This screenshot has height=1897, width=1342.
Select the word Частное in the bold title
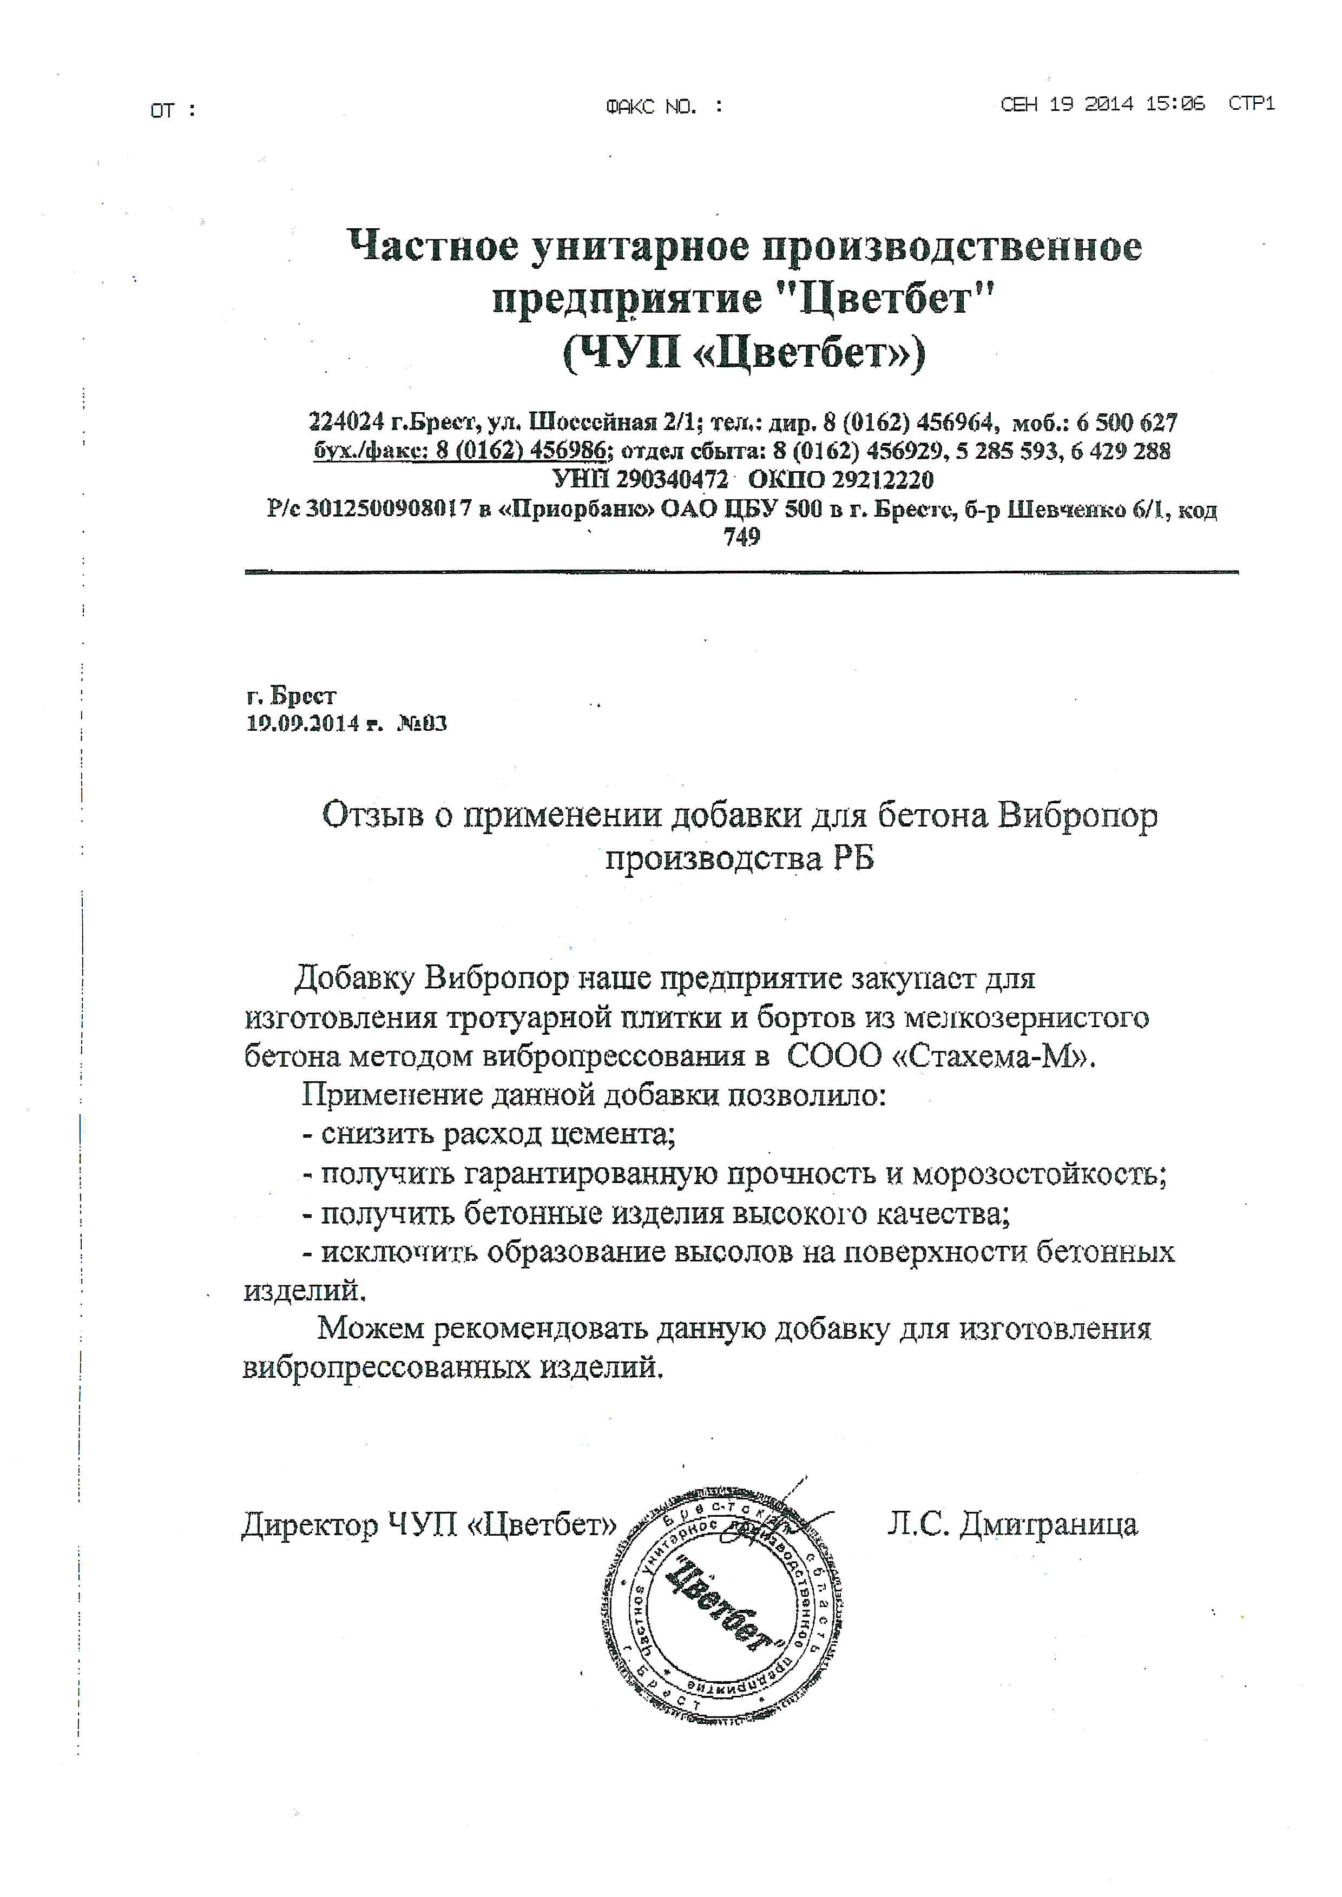coord(431,246)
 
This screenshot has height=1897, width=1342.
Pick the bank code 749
coord(741,537)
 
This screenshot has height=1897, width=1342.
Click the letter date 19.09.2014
coord(303,724)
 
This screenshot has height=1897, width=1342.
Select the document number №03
coord(422,724)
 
